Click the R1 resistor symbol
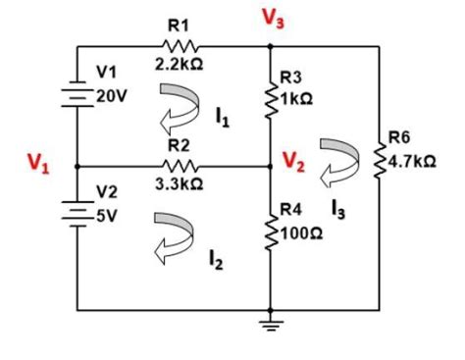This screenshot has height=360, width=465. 178,45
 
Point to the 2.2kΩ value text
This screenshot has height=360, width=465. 178,64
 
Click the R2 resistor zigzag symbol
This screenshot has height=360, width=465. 178,166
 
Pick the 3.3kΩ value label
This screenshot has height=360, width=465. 178,184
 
